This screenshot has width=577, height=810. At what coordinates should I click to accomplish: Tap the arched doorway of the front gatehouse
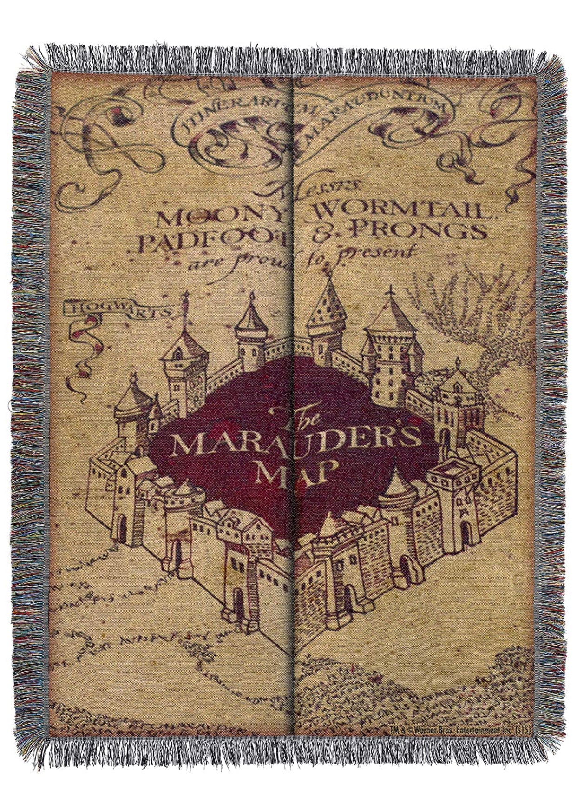tap(237, 598)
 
